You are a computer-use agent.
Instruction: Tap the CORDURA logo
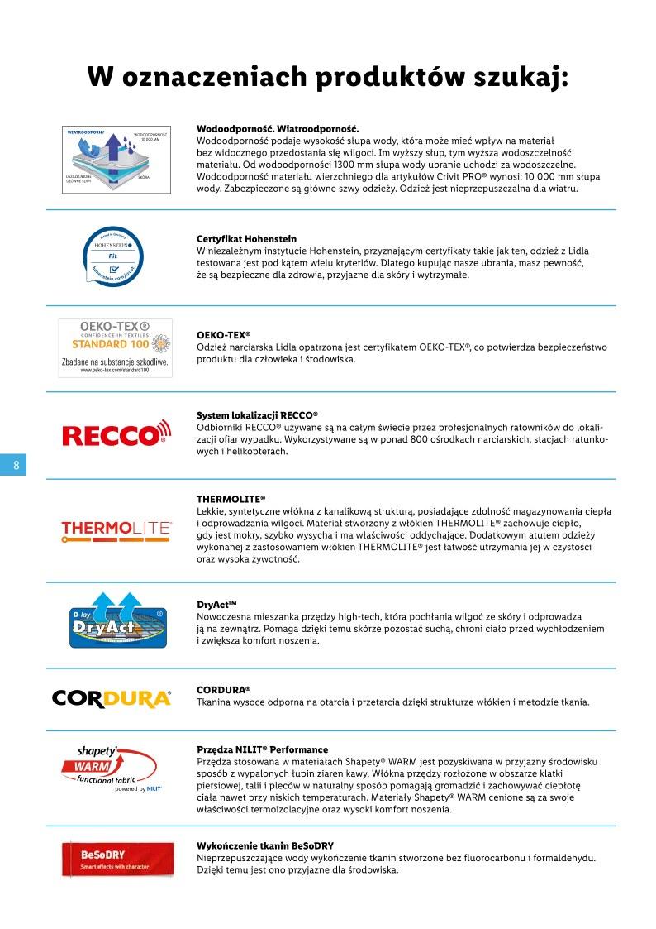pyautogui.click(x=112, y=698)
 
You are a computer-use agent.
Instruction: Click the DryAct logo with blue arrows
pyautogui.click(x=116, y=620)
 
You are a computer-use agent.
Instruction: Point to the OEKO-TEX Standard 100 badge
pyautogui.click(x=115, y=347)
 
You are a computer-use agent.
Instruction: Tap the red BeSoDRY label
pyautogui.click(x=116, y=860)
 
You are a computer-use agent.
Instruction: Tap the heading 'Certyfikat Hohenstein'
pyautogui.click(x=246, y=238)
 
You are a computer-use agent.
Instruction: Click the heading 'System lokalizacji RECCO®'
pyautogui.click(x=257, y=414)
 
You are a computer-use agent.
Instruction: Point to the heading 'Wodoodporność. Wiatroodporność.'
pyautogui.click(x=278, y=129)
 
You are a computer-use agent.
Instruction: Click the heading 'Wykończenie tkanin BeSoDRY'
pyautogui.click(x=264, y=845)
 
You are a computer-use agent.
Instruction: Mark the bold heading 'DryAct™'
pyautogui.click(x=217, y=605)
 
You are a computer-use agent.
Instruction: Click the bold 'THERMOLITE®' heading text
pyautogui.click(x=231, y=500)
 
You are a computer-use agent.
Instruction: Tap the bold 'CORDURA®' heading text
pyautogui.click(x=223, y=689)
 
